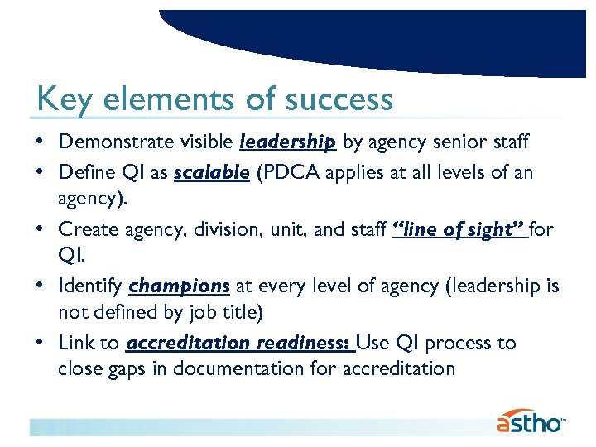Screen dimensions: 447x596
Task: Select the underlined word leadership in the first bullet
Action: (x=287, y=143)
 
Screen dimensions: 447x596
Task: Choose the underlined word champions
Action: (x=180, y=286)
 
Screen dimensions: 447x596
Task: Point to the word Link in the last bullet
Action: (x=75, y=343)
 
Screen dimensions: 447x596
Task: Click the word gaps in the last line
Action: (x=131, y=368)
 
